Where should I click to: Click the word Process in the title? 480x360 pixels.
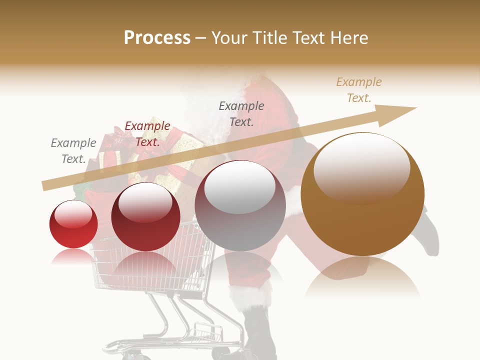[157, 37]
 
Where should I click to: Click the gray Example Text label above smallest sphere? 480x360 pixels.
[73, 151]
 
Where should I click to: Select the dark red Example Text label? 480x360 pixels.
[147, 134]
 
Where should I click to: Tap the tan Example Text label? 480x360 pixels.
[359, 90]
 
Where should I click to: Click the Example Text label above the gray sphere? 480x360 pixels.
[241, 113]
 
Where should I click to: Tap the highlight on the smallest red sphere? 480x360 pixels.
[73, 214]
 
